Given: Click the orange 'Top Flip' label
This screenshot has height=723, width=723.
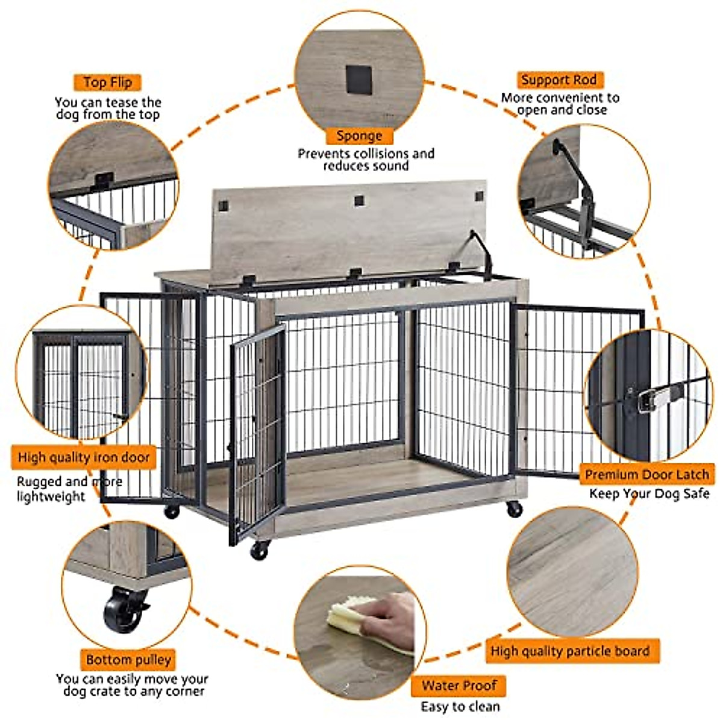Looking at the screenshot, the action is coord(108,82).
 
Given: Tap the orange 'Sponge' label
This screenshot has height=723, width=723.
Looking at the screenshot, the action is coord(359,136).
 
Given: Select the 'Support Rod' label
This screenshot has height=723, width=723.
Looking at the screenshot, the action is coord(559,80).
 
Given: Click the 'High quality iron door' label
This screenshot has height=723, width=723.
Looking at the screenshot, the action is coord(84,457).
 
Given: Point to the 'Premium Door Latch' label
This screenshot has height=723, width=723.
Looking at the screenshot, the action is coord(646,474).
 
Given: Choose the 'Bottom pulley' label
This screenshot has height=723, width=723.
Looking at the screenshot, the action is coord(128,660).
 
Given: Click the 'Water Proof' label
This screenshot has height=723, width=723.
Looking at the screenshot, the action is coord(459,685).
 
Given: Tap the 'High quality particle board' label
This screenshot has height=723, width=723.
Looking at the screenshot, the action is coord(569,651).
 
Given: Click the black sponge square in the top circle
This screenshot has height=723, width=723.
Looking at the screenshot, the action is coord(358,80).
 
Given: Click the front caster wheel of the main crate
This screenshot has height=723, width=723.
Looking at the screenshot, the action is coord(260,549).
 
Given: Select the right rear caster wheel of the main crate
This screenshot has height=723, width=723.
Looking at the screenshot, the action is coord(514,509).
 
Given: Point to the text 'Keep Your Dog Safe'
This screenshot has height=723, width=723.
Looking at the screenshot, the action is coord(649,494).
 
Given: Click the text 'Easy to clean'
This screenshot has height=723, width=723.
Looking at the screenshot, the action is coord(460,706).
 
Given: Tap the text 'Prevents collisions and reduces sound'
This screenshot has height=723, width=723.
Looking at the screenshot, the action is coord(366,160).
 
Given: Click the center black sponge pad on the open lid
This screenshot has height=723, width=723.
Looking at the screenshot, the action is coord(359,200).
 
